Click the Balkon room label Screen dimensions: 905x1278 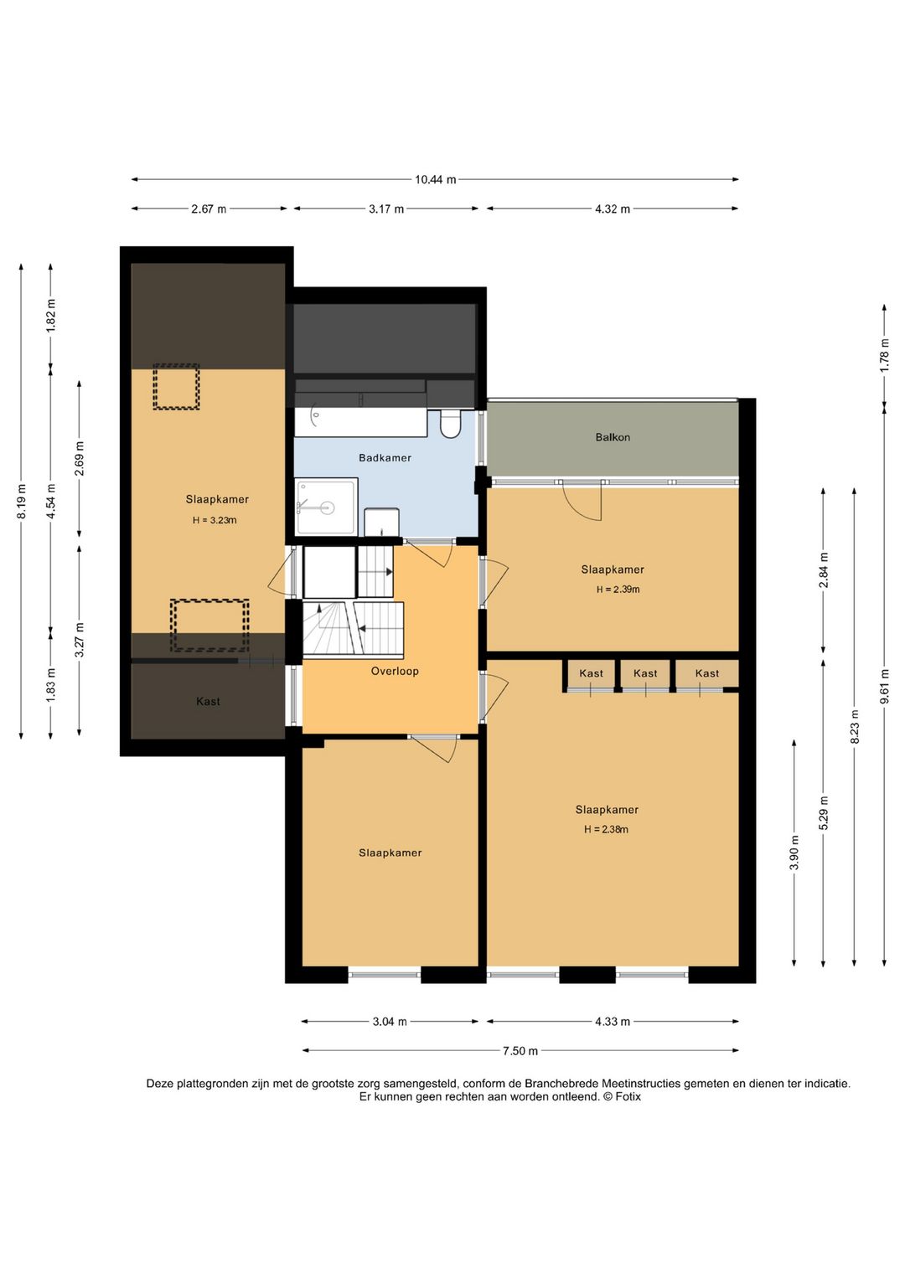[612, 437]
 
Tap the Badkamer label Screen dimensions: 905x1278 [385, 457]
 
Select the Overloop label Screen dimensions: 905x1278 [395, 671]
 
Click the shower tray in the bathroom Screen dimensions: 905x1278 [327, 506]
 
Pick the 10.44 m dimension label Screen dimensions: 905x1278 [435, 180]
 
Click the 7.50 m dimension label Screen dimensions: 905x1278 [520, 1051]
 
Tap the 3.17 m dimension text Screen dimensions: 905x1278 [386, 209]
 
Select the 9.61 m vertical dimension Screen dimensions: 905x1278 [884, 686]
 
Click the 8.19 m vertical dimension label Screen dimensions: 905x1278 [22, 502]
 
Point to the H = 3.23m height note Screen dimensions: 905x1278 [215, 520]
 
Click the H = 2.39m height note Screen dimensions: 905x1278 [618, 590]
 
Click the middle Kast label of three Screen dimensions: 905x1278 [645, 673]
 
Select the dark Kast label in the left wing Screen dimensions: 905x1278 [208, 701]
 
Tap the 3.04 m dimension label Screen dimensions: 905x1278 [390, 1021]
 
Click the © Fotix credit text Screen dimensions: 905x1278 [622, 1096]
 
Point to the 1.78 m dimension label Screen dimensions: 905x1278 [884, 355]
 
